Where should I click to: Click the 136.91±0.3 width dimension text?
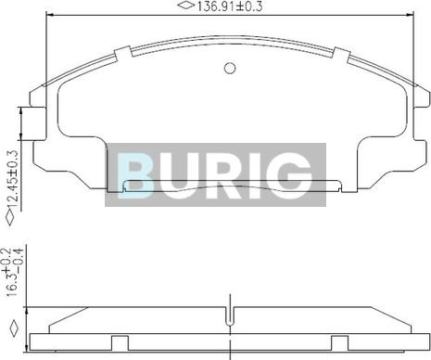point(230,6)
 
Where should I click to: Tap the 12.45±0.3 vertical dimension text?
point(13,179)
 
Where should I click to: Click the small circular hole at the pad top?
point(230,68)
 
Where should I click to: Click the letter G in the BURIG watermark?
point(291,175)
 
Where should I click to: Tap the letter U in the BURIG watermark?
point(179,175)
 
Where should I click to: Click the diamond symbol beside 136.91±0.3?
point(186,6)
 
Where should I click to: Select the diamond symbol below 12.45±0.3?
point(10,218)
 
